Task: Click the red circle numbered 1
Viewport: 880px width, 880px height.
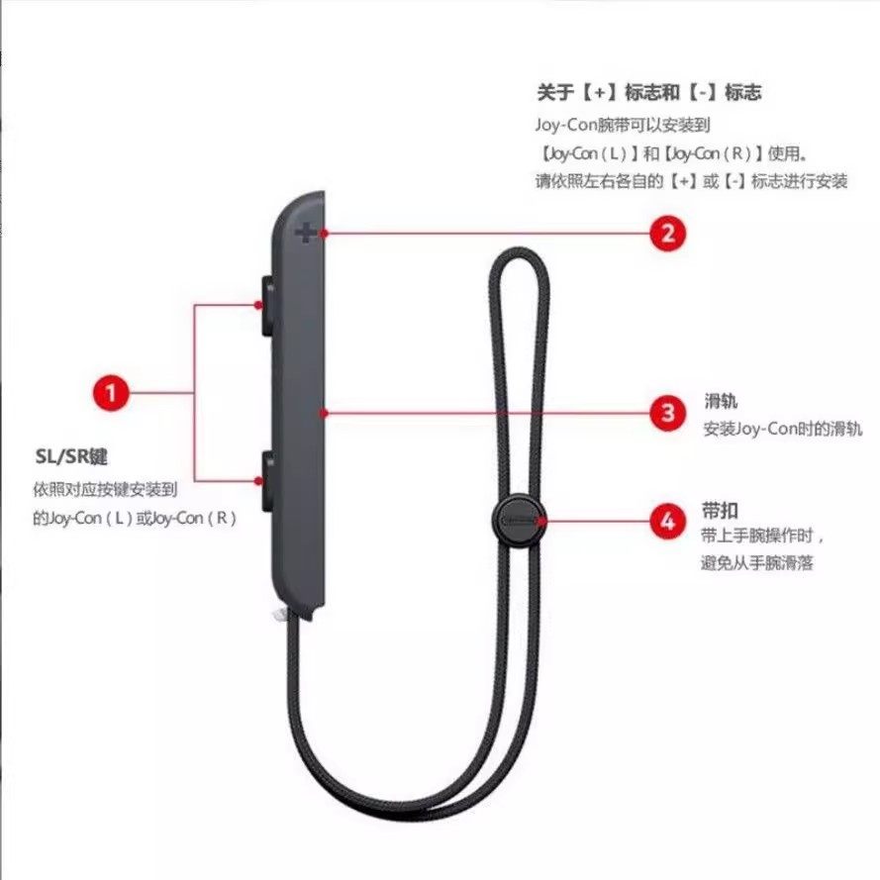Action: (x=112, y=393)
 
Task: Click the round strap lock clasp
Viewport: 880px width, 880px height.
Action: (x=518, y=519)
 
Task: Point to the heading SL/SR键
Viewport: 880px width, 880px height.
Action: (x=69, y=457)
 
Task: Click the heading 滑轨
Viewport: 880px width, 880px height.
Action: (x=721, y=402)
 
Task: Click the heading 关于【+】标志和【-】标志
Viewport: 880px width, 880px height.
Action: (x=648, y=92)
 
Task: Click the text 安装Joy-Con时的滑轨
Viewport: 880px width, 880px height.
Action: (x=782, y=429)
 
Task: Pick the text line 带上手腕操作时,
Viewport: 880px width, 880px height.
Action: (x=762, y=537)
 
